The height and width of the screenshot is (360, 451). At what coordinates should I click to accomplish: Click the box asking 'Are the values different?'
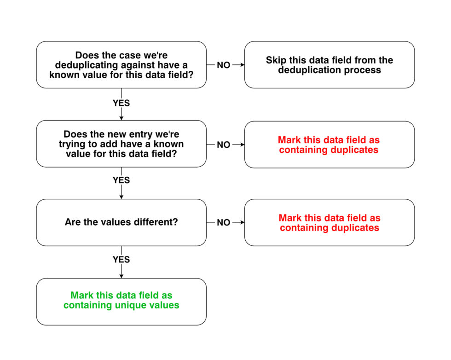point(121,222)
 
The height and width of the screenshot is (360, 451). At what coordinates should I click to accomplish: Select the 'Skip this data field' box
point(330,65)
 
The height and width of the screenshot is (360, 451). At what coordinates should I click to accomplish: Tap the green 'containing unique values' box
point(121,302)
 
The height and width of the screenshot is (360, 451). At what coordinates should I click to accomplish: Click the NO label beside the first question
point(224,65)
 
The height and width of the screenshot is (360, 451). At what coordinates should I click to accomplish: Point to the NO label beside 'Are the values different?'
point(224,222)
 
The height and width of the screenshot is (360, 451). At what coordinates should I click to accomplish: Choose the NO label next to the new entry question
point(224,145)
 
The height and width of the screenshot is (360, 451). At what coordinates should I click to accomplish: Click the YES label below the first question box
point(121,103)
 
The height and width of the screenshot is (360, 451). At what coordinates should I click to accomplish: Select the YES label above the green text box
point(121,260)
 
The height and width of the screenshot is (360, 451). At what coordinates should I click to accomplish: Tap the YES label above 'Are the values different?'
point(121,180)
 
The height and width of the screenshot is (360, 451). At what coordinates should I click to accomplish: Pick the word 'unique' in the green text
point(129,305)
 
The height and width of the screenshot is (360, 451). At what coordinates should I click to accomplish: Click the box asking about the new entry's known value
point(121,144)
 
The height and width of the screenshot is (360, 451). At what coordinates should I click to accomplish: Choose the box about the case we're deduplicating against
point(121,65)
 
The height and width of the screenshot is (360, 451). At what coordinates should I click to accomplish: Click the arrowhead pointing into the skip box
point(243,65)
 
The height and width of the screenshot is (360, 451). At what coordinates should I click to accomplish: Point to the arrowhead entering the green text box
point(121,276)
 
